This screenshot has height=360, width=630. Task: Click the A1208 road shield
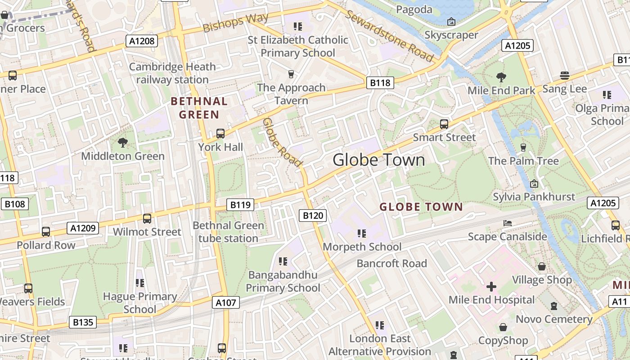[x=142, y=41]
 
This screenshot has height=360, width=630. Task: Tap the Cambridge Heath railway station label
[x=172, y=73]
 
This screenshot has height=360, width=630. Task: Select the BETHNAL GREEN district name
[x=199, y=108]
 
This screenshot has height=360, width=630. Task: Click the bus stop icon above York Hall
[x=220, y=134]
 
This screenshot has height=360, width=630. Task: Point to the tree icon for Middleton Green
[x=122, y=143]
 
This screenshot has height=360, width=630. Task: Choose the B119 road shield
[x=240, y=205]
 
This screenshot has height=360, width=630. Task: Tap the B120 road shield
[x=313, y=216]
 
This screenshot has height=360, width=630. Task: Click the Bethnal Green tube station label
[x=228, y=232]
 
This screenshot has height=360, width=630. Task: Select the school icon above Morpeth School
[x=362, y=234]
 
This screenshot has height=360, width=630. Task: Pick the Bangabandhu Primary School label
[x=283, y=281]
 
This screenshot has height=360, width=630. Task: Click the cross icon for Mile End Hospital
[x=491, y=287]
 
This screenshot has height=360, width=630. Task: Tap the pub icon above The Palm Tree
[x=523, y=148]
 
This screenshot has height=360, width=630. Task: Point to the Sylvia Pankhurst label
[x=534, y=197]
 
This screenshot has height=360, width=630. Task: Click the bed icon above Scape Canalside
[x=507, y=223]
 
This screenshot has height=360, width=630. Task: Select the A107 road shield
[x=226, y=302]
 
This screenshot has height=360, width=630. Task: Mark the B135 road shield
[x=83, y=322]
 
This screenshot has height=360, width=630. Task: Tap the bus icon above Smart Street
[x=444, y=124]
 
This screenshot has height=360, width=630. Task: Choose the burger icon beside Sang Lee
[x=564, y=76]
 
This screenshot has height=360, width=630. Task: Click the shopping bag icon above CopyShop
[x=503, y=327]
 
